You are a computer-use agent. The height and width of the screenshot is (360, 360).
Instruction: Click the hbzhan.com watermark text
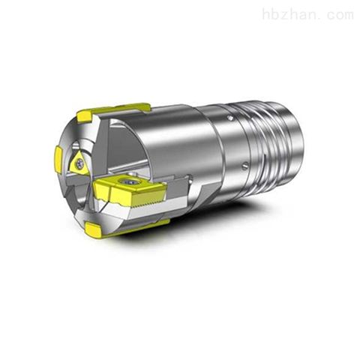(308, 14)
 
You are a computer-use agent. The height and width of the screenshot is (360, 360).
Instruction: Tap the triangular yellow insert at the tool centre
(78, 163)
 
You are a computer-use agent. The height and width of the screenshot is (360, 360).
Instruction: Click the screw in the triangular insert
(80, 163)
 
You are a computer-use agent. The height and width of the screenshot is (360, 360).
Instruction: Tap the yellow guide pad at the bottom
(93, 229)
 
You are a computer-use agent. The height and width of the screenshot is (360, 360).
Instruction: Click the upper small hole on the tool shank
(229, 117)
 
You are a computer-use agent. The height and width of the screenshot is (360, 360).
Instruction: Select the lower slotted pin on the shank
(245, 165)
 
